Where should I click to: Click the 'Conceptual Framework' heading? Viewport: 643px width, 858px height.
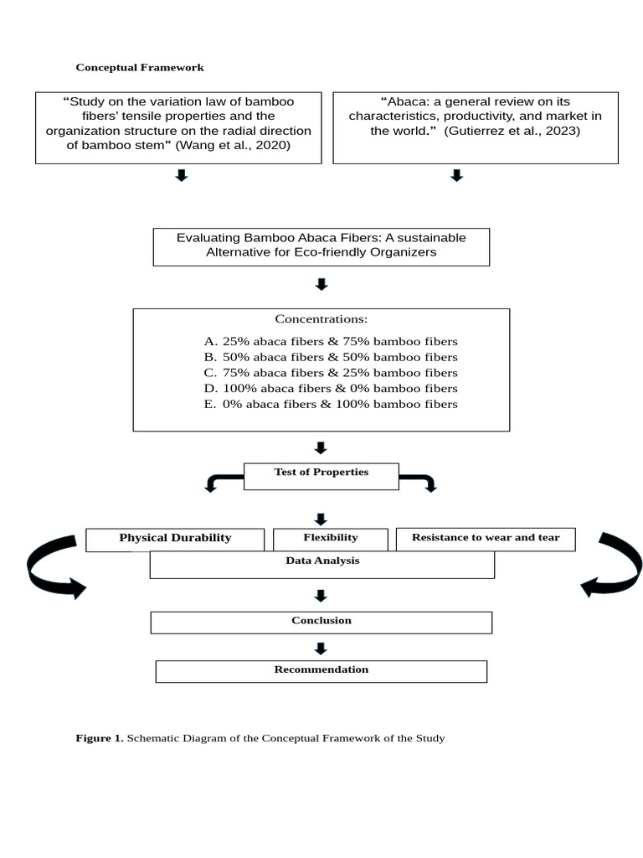click(x=140, y=67)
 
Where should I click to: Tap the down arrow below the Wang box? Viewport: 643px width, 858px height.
click(x=181, y=175)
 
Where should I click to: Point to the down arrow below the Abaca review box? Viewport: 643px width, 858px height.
click(x=456, y=175)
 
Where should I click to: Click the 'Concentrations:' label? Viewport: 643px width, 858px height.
click(x=321, y=319)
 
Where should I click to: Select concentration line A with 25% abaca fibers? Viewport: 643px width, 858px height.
click(x=331, y=342)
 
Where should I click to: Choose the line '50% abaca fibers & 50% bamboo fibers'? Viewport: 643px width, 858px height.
click(x=331, y=357)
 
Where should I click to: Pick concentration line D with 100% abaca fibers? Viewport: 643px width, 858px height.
click(x=331, y=389)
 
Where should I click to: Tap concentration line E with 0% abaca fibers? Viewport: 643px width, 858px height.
click(x=331, y=405)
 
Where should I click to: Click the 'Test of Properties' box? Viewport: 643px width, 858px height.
click(x=321, y=473)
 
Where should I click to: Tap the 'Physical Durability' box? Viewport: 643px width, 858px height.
click(x=175, y=538)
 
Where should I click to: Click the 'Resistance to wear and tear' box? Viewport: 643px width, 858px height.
click(x=485, y=538)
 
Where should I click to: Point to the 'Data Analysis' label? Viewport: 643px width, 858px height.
click(x=322, y=561)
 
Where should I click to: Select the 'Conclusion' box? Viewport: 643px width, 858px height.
click(x=321, y=622)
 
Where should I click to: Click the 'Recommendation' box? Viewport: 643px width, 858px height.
click(x=321, y=670)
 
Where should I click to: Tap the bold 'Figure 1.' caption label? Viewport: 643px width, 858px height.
click(x=100, y=738)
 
